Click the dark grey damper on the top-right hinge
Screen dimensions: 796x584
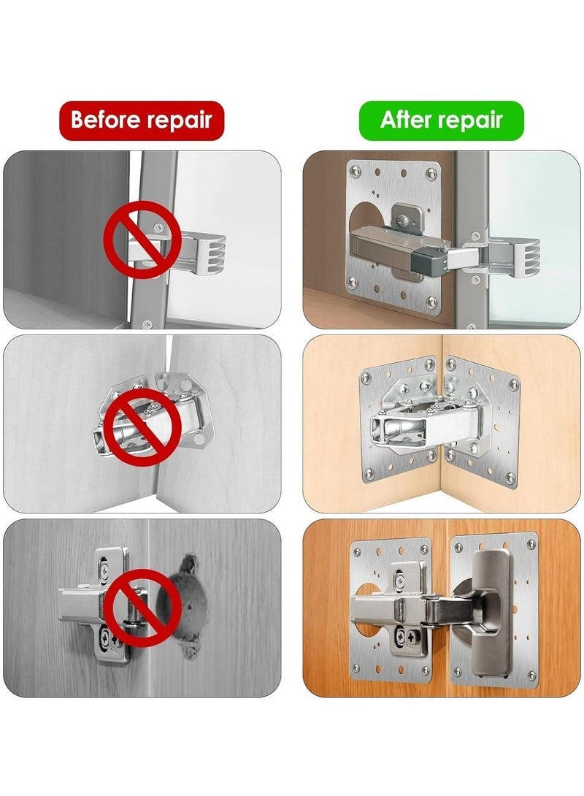coord(430,256)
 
